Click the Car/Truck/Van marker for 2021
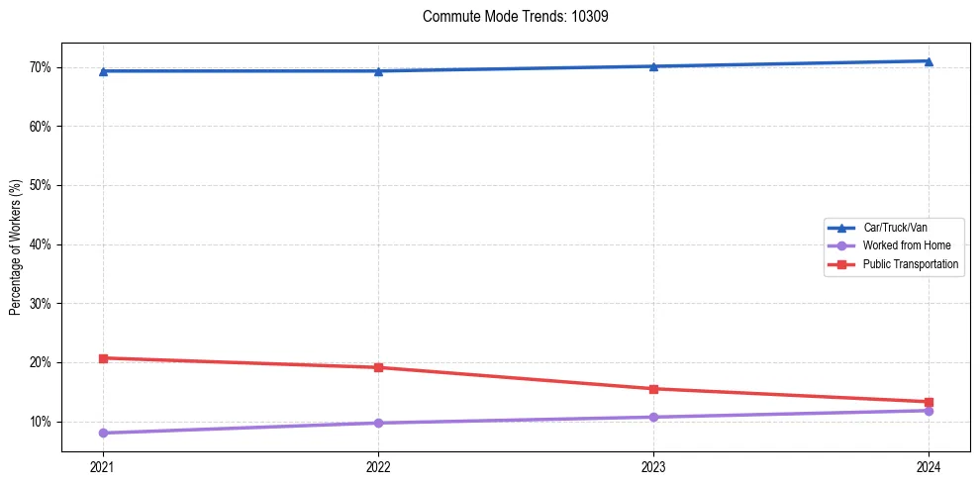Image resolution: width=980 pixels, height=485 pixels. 103,71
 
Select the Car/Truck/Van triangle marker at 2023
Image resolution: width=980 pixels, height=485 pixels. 653,66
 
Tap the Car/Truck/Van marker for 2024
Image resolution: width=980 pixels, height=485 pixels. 929,61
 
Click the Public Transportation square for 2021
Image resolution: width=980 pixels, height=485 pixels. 103,357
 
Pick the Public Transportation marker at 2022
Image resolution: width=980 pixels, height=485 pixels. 378,367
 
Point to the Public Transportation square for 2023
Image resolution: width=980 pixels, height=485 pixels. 653,389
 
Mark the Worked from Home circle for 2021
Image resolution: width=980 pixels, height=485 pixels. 103,433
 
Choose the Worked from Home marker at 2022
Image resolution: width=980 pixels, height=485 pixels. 378,423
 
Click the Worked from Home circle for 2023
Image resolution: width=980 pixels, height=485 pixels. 653,417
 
